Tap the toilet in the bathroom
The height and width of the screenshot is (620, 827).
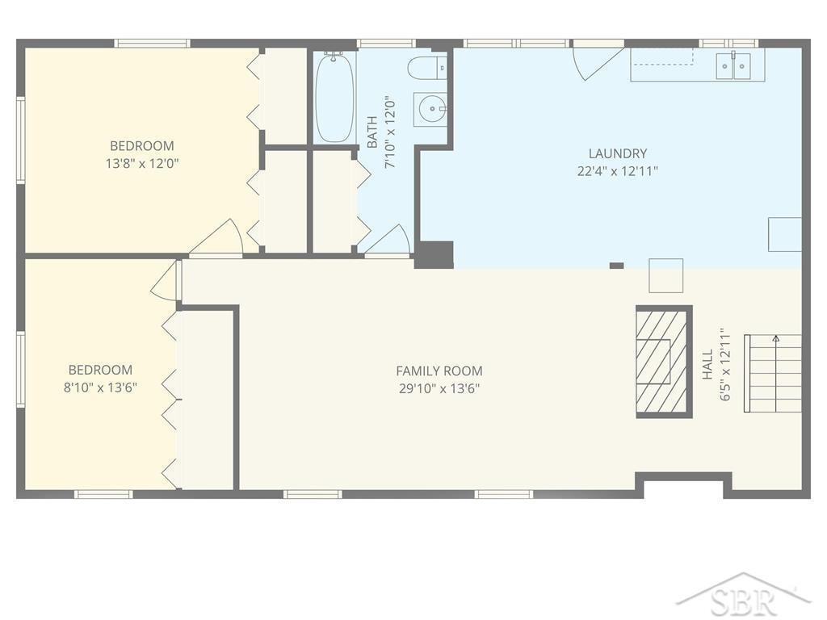426,68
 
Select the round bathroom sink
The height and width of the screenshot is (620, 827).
430,109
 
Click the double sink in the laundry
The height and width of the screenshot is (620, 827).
733,66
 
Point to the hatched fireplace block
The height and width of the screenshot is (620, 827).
664,362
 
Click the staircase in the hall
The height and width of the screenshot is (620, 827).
773,373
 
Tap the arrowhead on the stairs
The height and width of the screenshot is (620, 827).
775,338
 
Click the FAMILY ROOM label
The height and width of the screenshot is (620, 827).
439,371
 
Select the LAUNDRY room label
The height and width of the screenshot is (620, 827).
618,153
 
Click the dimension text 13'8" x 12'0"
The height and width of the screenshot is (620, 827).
142,163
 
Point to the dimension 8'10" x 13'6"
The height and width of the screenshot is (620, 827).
100,387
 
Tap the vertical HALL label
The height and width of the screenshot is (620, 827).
707,364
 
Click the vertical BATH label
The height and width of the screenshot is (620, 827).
372,132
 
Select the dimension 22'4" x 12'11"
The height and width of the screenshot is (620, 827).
618,171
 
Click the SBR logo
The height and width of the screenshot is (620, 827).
744,597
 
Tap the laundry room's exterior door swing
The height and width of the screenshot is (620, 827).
597,63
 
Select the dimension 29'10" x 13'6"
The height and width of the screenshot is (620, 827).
439,388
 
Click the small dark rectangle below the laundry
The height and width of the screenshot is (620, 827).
616,266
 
